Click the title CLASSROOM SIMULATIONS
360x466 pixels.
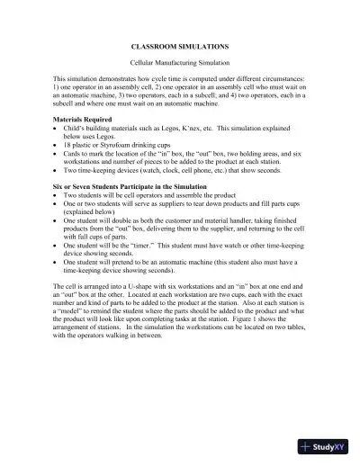coord(179,43)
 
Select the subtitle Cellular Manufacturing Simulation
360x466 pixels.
coord(179,61)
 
